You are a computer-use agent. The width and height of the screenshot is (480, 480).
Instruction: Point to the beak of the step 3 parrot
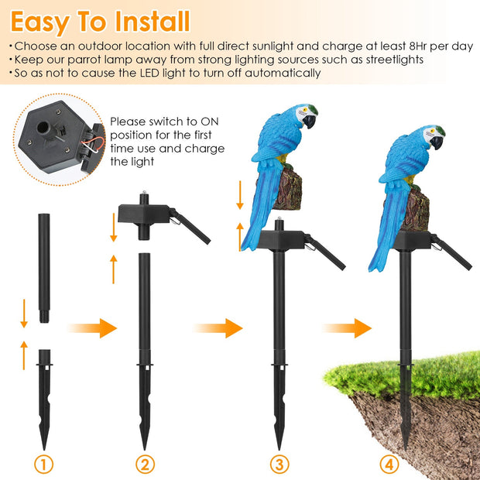coord(310,122)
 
